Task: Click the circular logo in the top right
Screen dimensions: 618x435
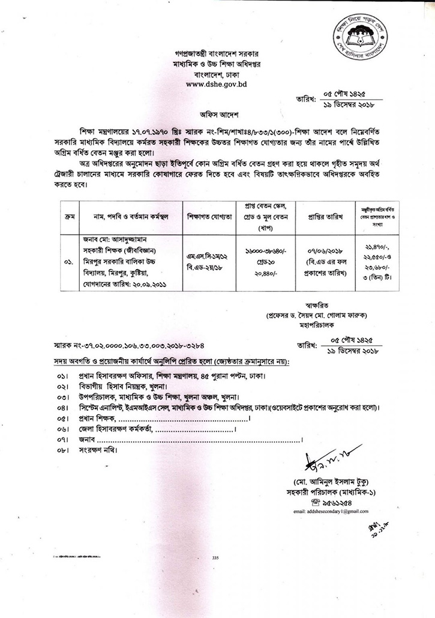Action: [x=359, y=35]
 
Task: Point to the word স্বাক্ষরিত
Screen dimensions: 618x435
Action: [x=309, y=304]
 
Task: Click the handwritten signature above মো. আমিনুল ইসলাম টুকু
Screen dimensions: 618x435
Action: [x=326, y=459]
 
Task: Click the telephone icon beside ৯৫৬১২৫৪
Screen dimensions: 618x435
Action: [x=316, y=501]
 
